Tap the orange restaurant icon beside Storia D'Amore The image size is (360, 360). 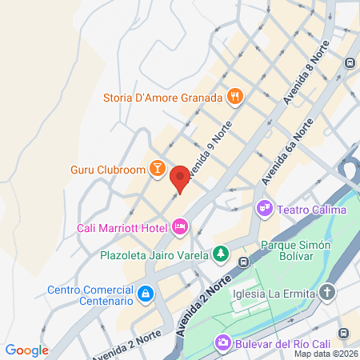pyautogui.click(x=234, y=98)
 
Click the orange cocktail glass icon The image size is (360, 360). pyautogui.click(x=158, y=169)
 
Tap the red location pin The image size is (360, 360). pyautogui.click(x=180, y=178)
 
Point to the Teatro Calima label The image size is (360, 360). pyautogui.click(x=312, y=210)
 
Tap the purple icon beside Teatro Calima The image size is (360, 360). pyautogui.click(x=264, y=210)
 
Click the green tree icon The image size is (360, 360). pyautogui.click(x=220, y=255)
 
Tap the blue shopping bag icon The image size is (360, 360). pyautogui.click(x=145, y=295)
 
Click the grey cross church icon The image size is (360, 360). pyautogui.click(x=327, y=292)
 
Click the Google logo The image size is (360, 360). pyautogui.click(x=26, y=350)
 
